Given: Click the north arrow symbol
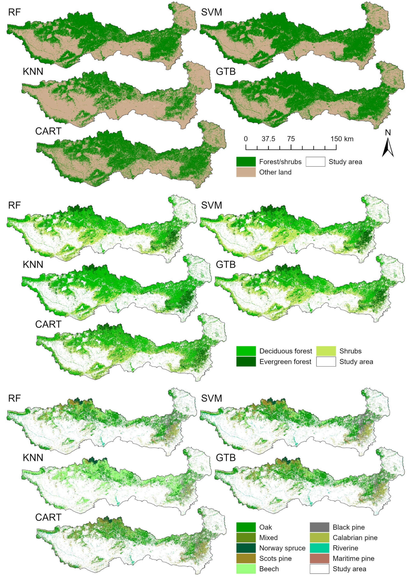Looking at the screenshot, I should tap(388, 148).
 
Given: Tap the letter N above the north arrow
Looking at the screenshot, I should tap(388, 132).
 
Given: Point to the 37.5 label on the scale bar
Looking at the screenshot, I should tap(268, 139).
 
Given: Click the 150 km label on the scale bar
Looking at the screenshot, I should tap(342, 139).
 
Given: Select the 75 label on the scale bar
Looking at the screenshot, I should tap(291, 139).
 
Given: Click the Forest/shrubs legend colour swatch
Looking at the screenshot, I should tap(246, 162).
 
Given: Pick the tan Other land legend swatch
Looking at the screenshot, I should tap(246, 172).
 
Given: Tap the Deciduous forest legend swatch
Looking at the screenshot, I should tap(246, 351).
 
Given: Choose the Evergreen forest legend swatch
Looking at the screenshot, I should tap(246, 362).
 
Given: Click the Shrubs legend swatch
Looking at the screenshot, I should tap(326, 351).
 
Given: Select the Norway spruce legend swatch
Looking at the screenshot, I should tap(246, 548).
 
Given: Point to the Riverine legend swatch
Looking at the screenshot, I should tap(319, 548).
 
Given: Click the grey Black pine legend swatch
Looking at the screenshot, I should tap(319, 527).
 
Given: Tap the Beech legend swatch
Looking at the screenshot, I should tap(246, 569).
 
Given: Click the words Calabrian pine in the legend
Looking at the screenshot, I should tap(355, 538).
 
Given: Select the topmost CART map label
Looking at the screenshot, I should tap(48, 131).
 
